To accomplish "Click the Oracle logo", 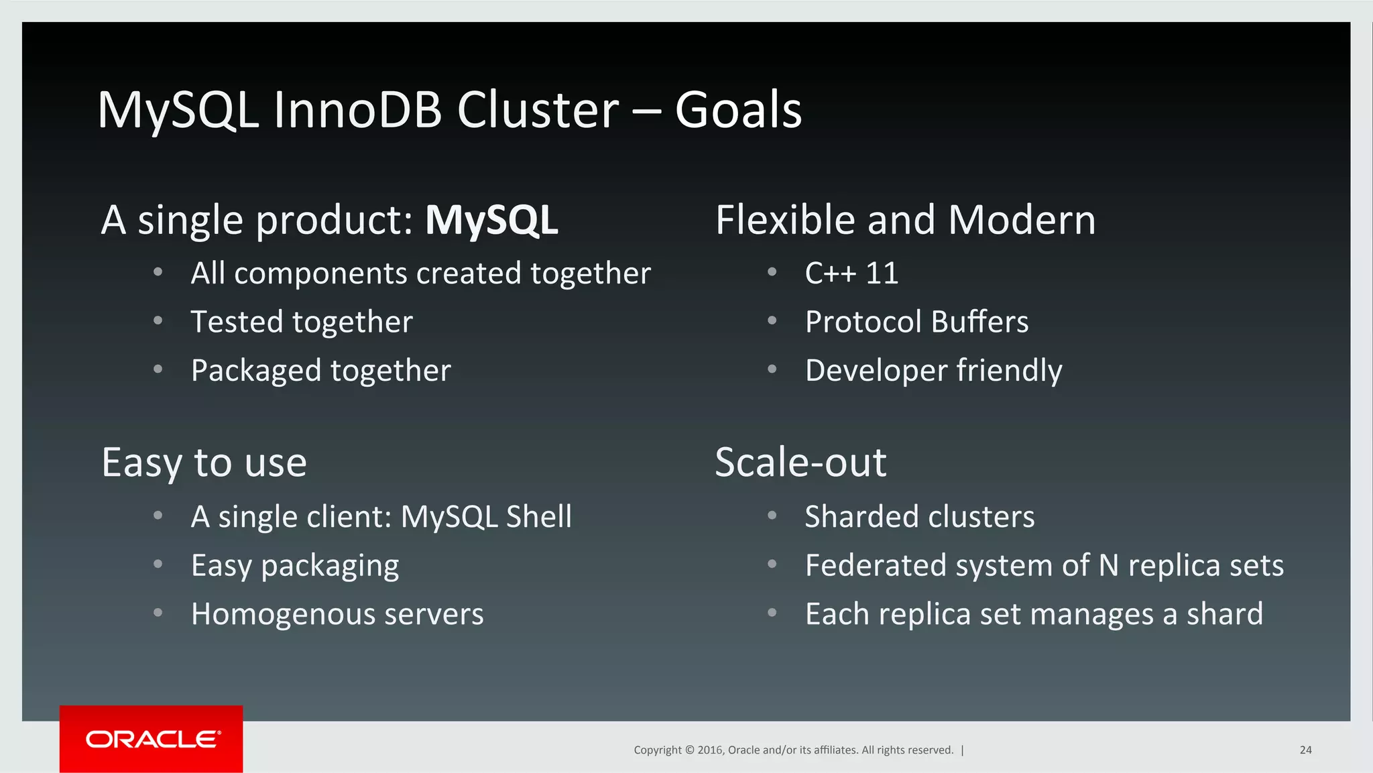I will [x=152, y=739].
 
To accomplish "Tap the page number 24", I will [x=1305, y=750].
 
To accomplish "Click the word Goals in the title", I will [x=737, y=110].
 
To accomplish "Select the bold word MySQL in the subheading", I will [x=491, y=220].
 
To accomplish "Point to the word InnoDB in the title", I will [x=357, y=110].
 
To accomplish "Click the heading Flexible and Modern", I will [x=905, y=220].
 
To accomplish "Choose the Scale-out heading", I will [x=800, y=462].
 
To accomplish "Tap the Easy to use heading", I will [x=204, y=462].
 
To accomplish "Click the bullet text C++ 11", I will [x=851, y=274].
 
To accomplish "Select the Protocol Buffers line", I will [x=916, y=322].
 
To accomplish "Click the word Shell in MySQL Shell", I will [x=538, y=517].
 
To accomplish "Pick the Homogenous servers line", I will [x=337, y=614].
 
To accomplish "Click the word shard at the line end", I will [x=1224, y=614].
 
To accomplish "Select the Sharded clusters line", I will [x=919, y=517].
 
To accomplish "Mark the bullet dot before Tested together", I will [x=158, y=321].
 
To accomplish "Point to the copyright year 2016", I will [x=710, y=750].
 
